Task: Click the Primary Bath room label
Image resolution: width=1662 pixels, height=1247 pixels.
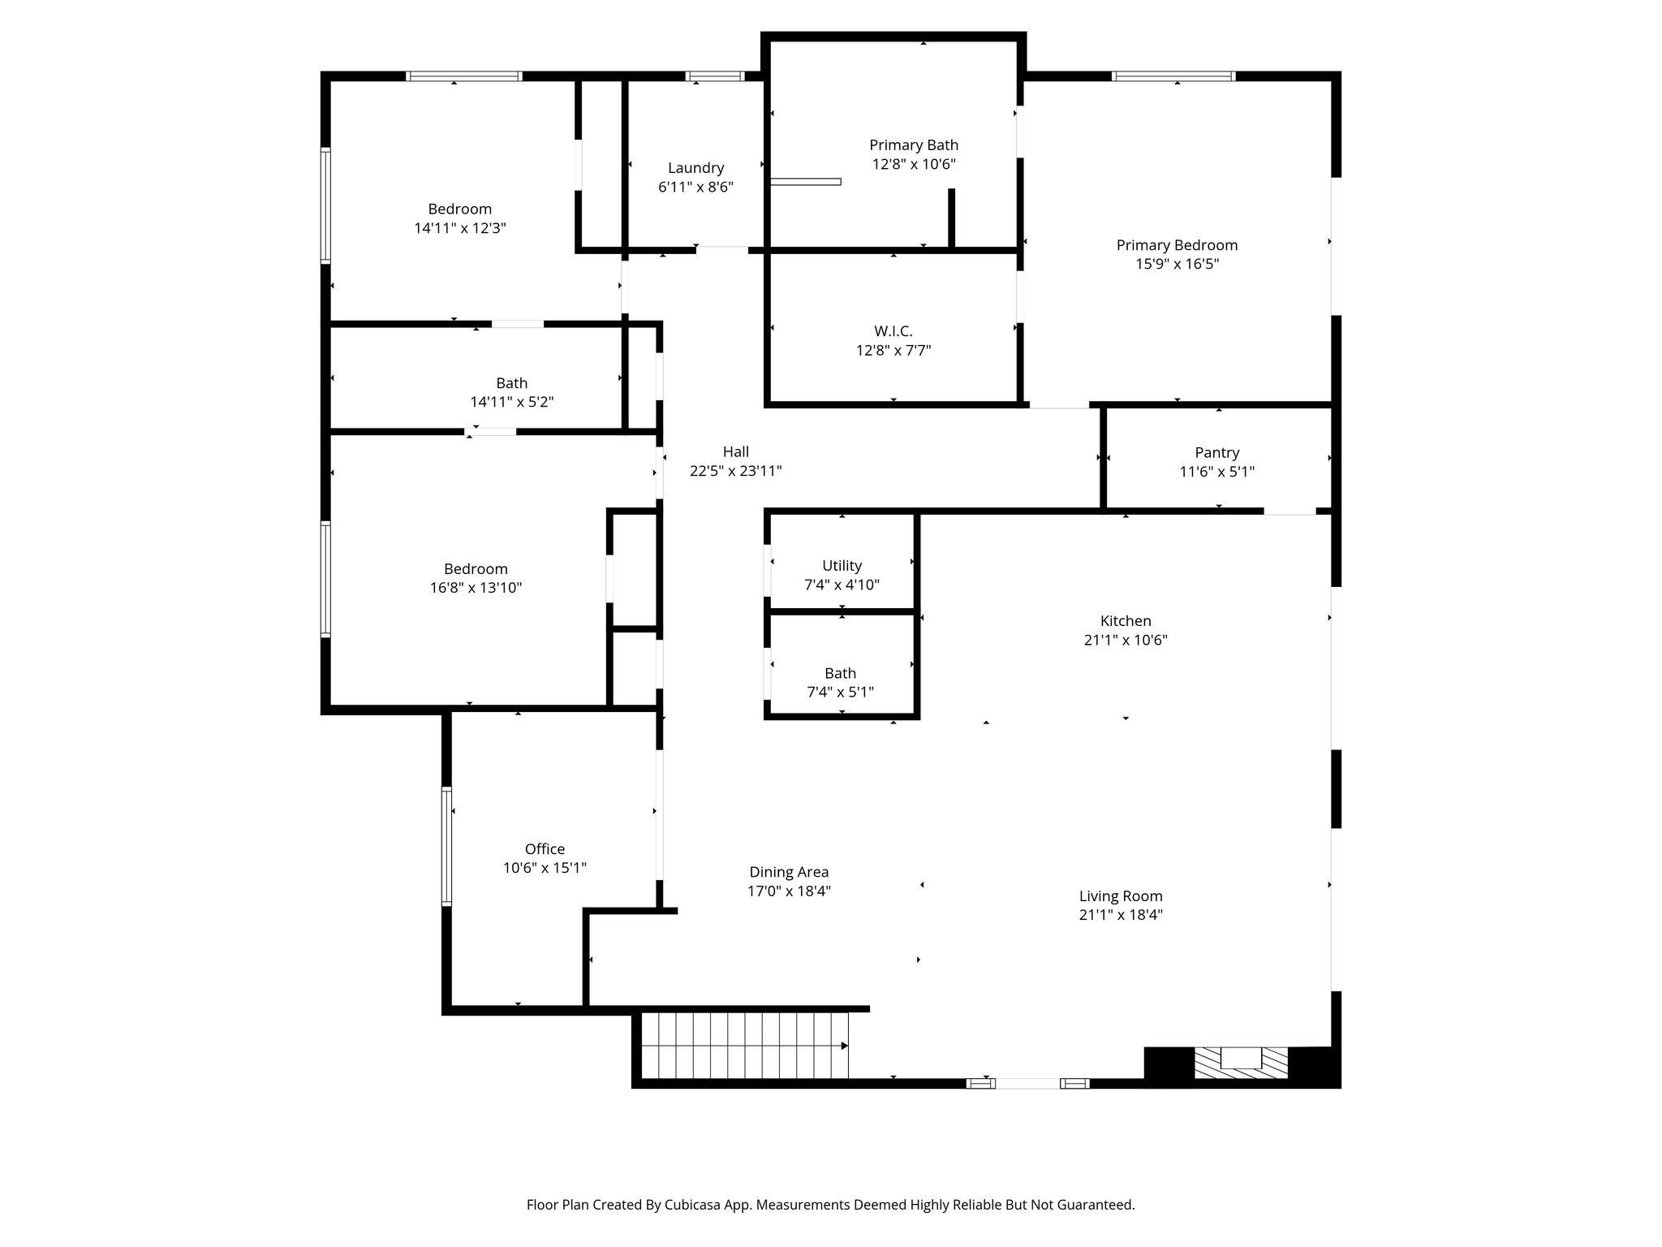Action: pyautogui.click(x=914, y=145)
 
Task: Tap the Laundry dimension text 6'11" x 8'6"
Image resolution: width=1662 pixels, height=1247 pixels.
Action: pyautogui.click(x=695, y=187)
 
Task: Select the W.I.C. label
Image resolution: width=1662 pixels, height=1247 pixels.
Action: pyautogui.click(x=893, y=331)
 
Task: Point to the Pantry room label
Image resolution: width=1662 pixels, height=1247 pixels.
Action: pyautogui.click(x=1216, y=453)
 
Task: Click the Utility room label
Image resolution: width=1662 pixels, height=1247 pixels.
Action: pyautogui.click(x=842, y=566)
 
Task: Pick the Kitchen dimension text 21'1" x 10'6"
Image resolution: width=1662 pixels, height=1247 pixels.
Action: pyautogui.click(x=1126, y=640)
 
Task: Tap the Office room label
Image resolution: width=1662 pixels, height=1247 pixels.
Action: pyautogui.click(x=545, y=849)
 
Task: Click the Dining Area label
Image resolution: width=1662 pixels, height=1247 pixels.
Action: pyautogui.click(x=789, y=872)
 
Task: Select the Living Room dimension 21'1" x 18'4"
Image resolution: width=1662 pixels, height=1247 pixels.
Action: pyautogui.click(x=1121, y=915)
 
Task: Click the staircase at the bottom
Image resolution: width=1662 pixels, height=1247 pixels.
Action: pyautogui.click(x=744, y=1046)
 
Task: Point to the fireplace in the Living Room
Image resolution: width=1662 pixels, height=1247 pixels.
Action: pyautogui.click(x=1241, y=1063)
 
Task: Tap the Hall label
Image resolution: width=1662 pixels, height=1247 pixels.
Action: pyautogui.click(x=736, y=452)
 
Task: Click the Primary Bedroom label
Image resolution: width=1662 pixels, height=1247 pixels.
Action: pyautogui.click(x=1177, y=245)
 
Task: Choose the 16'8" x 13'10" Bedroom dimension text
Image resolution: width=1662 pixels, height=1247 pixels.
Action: pyautogui.click(x=476, y=588)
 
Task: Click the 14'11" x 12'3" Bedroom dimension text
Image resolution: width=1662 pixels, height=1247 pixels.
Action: pyautogui.click(x=460, y=228)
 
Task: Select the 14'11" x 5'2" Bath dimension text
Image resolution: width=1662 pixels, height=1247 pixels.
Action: pyautogui.click(x=512, y=402)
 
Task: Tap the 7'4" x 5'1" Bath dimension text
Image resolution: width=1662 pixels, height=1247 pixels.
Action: pyautogui.click(x=840, y=693)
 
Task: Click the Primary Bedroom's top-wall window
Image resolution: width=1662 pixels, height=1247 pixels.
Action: pyautogui.click(x=1173, y=76)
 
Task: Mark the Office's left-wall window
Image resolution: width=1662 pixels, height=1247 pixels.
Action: pyautogui.click(x=446, y=846)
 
